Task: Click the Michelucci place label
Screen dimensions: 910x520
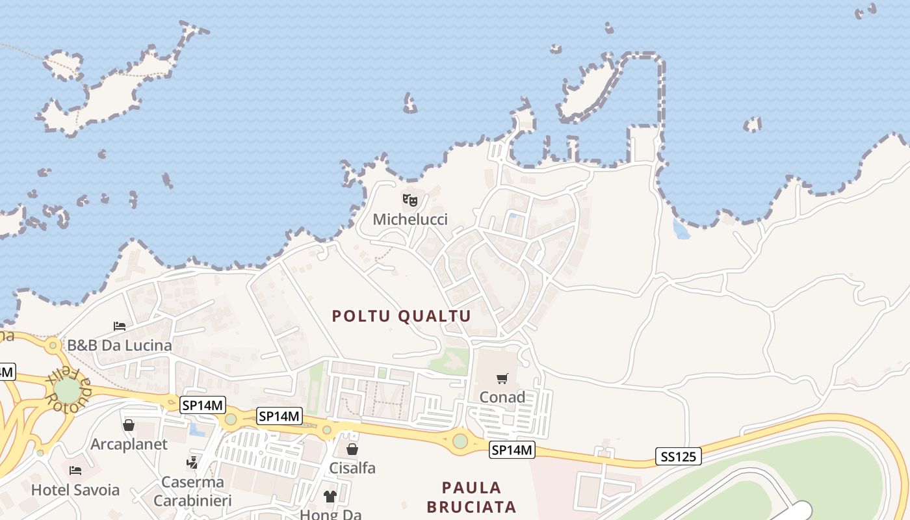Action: click(x=410, y=219)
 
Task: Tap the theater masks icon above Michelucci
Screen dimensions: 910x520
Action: click(x=410, y=200)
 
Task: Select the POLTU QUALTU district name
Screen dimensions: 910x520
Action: click(x=401, y=316)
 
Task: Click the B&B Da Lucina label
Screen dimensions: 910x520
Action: click(x=120, y=345)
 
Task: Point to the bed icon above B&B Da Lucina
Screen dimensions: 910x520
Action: click(x=120, y=326)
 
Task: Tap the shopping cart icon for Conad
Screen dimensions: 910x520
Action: click(x=502, y=378)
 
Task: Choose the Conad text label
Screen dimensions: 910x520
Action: click(x=502, y=396)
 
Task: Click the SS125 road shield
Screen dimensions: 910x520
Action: click(x=678, y=456)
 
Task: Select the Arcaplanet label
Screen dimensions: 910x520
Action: click(x=129, y=445)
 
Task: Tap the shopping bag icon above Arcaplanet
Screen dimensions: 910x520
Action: click(x=129, y=425)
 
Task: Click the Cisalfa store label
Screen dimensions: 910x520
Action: click(x=352, y=468)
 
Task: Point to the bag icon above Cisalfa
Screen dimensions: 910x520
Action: click(x=352, y=449)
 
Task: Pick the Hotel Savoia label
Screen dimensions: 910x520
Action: click(x=75, y=489)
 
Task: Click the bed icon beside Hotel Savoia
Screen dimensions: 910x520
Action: click(x=75, y=470)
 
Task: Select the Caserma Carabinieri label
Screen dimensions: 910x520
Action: click(x=192, y=491)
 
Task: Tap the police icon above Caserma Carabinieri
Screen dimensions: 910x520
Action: click(x=192, y=463)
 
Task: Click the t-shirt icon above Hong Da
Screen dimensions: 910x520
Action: click(x=330, y=497)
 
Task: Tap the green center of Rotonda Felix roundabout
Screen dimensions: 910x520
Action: click(x=66, y=390)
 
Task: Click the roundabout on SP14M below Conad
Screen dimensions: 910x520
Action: click(x=460, y=441)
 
